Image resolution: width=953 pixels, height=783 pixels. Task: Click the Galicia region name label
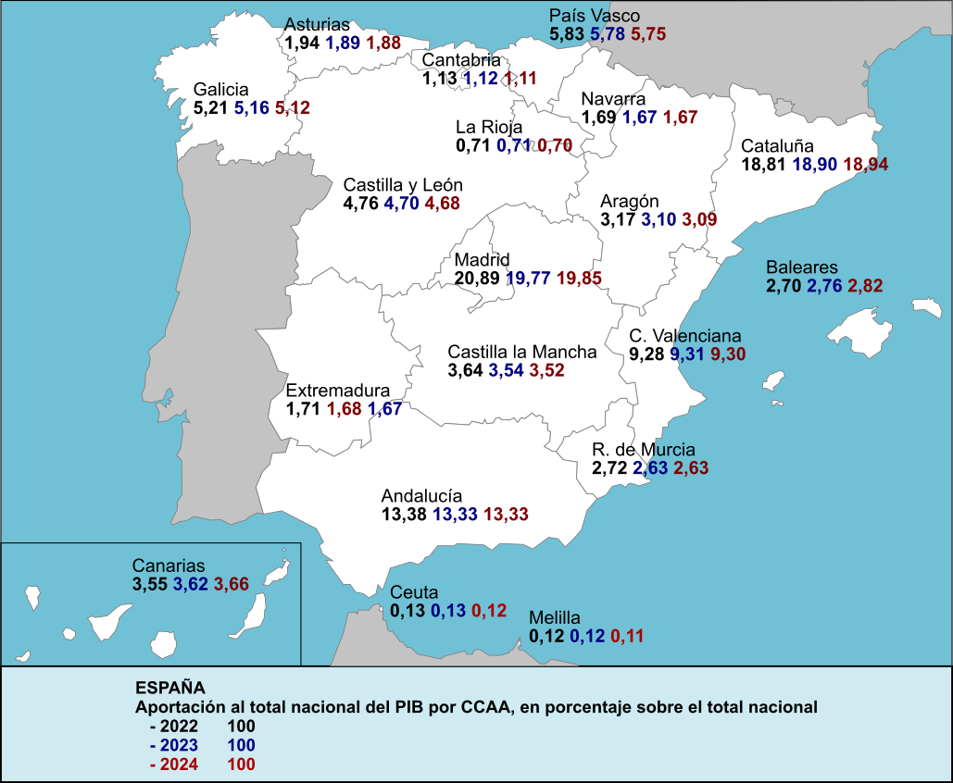coord(221,90)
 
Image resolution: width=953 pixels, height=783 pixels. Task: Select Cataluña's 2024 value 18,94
coord(866,164)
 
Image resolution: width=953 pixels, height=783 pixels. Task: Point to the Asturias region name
coord(318,25)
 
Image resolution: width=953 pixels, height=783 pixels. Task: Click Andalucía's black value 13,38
coord(403,514)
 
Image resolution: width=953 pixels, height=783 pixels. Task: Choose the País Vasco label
coord(594,16)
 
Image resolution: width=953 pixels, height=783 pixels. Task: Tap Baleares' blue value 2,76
coord(824,285)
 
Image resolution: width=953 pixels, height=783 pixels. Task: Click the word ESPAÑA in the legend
coord(170,688)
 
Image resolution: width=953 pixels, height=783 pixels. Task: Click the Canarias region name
coord(168,565)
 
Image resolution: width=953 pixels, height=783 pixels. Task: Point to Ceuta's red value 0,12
coord(489,611)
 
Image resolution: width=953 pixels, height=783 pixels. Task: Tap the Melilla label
coord(554,617)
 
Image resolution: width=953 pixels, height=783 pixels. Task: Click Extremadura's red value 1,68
coord(344,408)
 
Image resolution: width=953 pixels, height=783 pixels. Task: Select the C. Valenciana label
coord(684,336)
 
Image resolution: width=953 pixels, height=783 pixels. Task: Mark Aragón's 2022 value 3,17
coord(618,219)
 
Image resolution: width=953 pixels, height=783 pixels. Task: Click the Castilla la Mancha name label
coord(522,353)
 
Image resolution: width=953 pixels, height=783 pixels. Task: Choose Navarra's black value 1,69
coord(598,118)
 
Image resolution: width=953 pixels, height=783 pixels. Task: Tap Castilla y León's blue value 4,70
coord(401,204)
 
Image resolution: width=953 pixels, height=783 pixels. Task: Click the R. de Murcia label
coord(644,451)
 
